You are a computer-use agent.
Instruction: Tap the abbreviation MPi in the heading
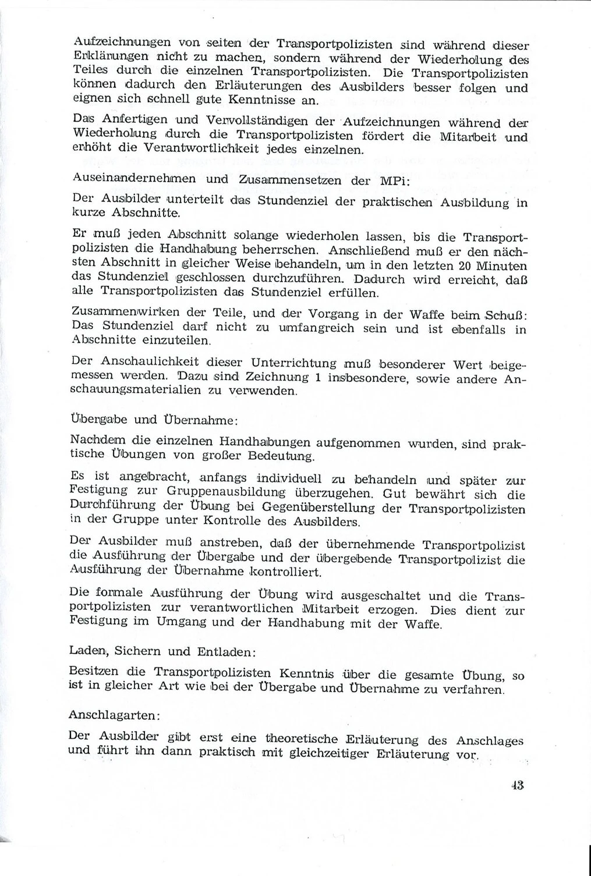click(395, 180)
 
